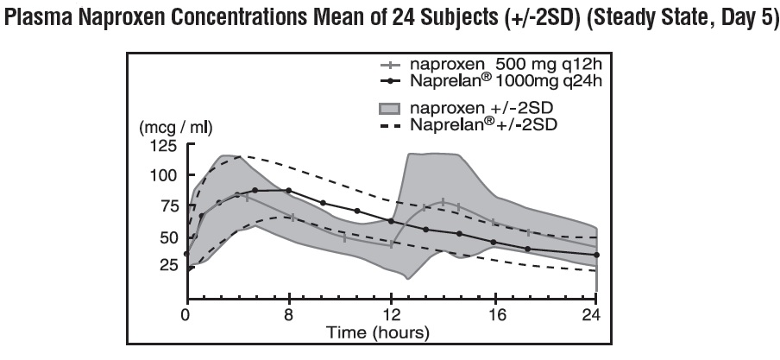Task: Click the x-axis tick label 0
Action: (186, 315)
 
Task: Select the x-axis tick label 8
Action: (289, 315)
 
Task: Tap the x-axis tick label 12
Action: (392, 315)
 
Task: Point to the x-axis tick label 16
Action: (494, 315)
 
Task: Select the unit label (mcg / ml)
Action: (176, 128)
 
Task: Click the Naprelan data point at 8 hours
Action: (289, 190)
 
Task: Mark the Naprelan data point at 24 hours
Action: (596, 255)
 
